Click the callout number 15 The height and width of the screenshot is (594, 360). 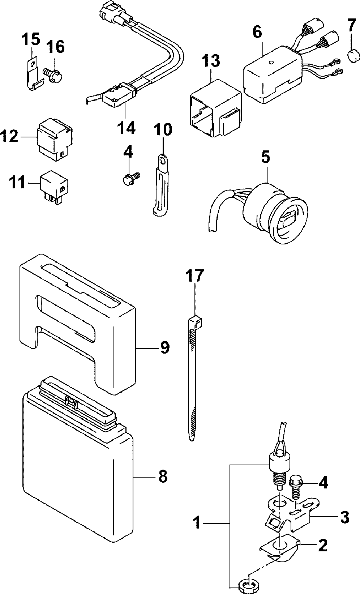31,39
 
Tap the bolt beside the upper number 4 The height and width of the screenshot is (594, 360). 130,177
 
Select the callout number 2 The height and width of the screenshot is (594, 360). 322,545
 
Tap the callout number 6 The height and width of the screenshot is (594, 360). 257,32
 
